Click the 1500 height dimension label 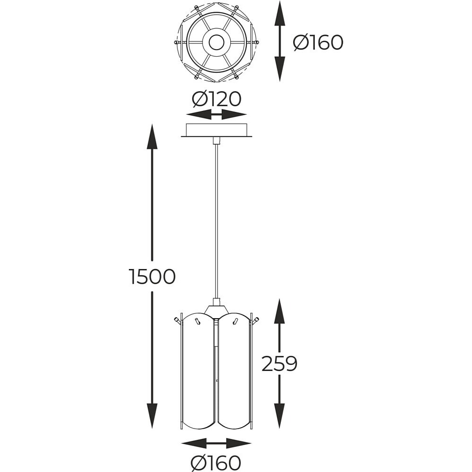coord(152,276)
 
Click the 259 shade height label coord(279,363)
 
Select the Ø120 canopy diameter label coord(217,99)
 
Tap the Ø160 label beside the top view coord(318,42)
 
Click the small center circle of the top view coord(217,42)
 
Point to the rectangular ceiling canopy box coord(217,130)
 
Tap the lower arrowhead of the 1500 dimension coord(152,416)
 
